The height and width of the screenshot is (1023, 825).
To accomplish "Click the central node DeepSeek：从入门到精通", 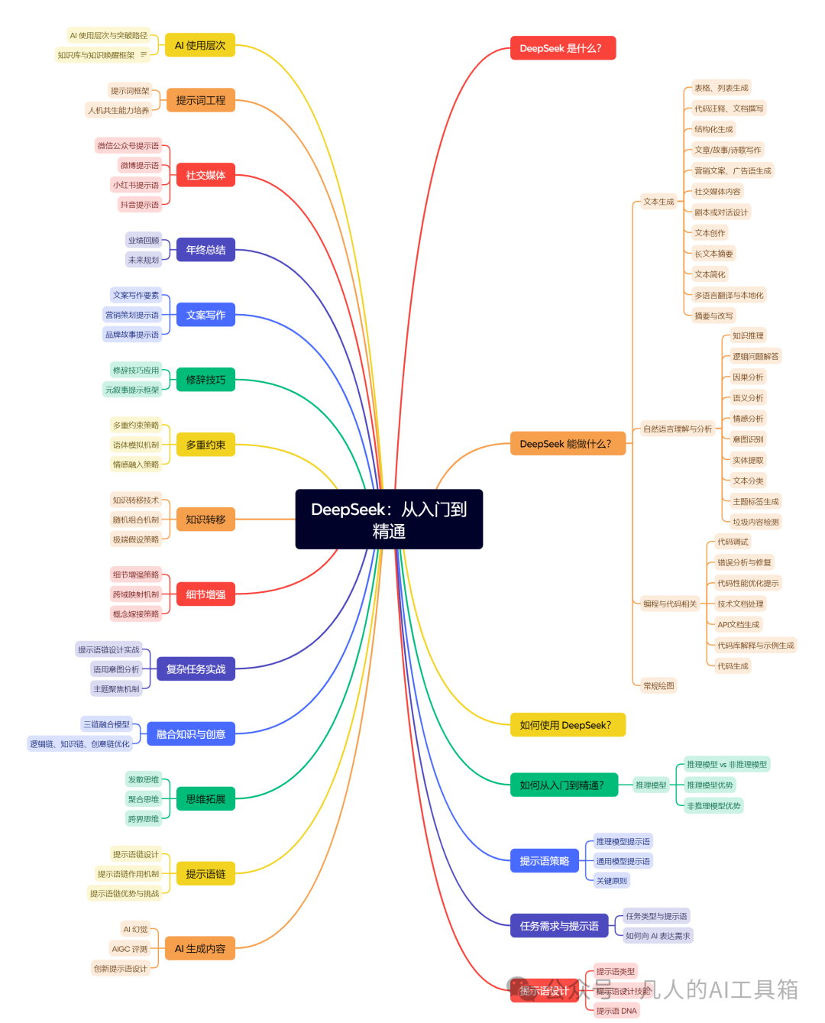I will click(389, 520).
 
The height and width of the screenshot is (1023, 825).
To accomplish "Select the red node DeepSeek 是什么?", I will click(562, 48).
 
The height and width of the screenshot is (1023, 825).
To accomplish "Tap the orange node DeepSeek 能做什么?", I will click(567, 444).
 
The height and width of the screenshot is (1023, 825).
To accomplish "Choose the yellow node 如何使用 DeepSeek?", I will click(567, 725).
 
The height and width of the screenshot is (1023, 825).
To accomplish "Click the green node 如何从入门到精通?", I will click(563, 785).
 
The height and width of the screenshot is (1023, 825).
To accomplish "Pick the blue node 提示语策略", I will click(544, 861).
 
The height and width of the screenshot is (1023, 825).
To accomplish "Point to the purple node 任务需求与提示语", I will click(559, 926).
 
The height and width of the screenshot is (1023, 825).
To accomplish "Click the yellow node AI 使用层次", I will click(200, 45).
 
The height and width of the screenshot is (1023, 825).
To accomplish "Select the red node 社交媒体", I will click(205, 175).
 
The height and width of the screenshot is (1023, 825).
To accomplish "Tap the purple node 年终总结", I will click(205, 250).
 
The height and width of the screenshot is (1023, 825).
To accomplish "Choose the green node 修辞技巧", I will click(205, 380).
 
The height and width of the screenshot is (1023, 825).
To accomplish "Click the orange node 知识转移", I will click(205, 520).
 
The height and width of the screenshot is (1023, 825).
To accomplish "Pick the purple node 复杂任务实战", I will click(196, 669).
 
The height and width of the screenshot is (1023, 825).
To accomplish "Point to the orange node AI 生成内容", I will click(200, 949).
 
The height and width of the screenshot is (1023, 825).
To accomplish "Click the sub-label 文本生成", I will click(658, 202).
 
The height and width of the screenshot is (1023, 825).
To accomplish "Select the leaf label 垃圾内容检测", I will click(755, 523).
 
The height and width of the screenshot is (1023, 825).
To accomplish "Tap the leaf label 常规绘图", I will click(658, 686).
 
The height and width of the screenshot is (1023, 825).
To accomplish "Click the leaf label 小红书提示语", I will click(136, 185).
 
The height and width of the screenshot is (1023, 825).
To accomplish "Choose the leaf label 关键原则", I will click(611, 881).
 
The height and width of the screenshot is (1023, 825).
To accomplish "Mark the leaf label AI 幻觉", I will click(135, 930).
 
